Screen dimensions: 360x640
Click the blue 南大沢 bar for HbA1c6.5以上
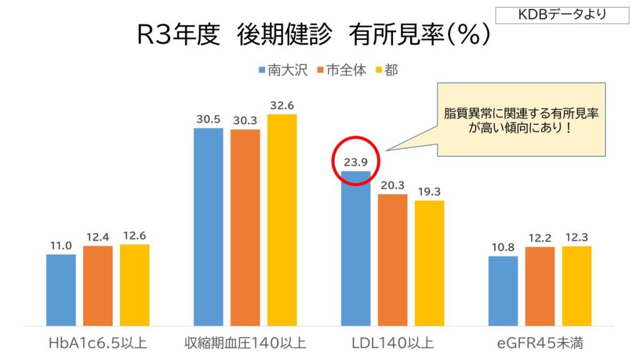click(x=61, y=290)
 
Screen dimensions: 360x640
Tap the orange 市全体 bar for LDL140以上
click(x=392, y=260)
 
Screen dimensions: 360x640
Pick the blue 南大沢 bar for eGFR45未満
click(x=503, y=291)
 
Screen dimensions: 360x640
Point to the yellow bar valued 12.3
click(x=577, y=286)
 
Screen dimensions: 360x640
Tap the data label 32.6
click(x=282, y=106)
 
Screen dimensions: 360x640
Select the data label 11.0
click(x=61, y=246)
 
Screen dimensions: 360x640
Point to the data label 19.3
click(x=429, y=192)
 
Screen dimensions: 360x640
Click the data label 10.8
click(x=503, y=247)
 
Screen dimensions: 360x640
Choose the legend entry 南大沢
click(x=283, y=71)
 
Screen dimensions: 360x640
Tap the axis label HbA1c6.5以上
click(x=98, y=343)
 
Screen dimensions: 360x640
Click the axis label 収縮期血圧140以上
click(x=245, y=343)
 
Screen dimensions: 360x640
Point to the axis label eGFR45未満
click(x=540, y=343)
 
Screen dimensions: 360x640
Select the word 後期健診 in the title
click(x=284, y=35)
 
